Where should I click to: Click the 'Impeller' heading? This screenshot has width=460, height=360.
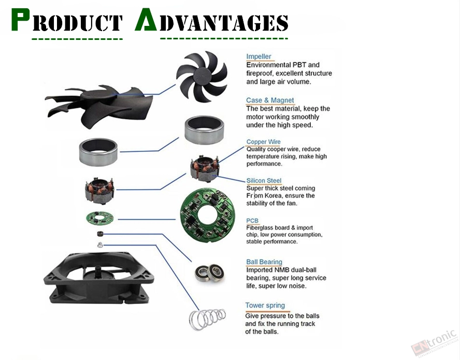[258, 56]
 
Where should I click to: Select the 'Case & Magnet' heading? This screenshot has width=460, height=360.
[270, 100]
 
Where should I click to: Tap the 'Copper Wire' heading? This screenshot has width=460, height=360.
[264, 142]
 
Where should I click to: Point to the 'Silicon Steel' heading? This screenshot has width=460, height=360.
[264, 180]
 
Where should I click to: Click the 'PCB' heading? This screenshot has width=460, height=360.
[252, 221]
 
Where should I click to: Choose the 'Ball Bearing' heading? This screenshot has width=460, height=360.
[264, 262]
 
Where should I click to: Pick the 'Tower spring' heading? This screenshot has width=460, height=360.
[265, 306]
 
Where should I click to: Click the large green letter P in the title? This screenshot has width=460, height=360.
[20, 20]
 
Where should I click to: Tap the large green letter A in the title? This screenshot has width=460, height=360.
[146, 19]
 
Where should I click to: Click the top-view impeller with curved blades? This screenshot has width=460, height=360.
[202, 77]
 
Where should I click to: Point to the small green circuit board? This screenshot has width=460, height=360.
[100, 219]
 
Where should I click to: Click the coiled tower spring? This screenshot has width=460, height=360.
[207, 319]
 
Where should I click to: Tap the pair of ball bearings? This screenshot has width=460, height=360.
[210, 272]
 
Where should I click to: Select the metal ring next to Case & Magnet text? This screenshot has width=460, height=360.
[205, 130]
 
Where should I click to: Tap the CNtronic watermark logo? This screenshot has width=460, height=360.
[435, 342]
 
